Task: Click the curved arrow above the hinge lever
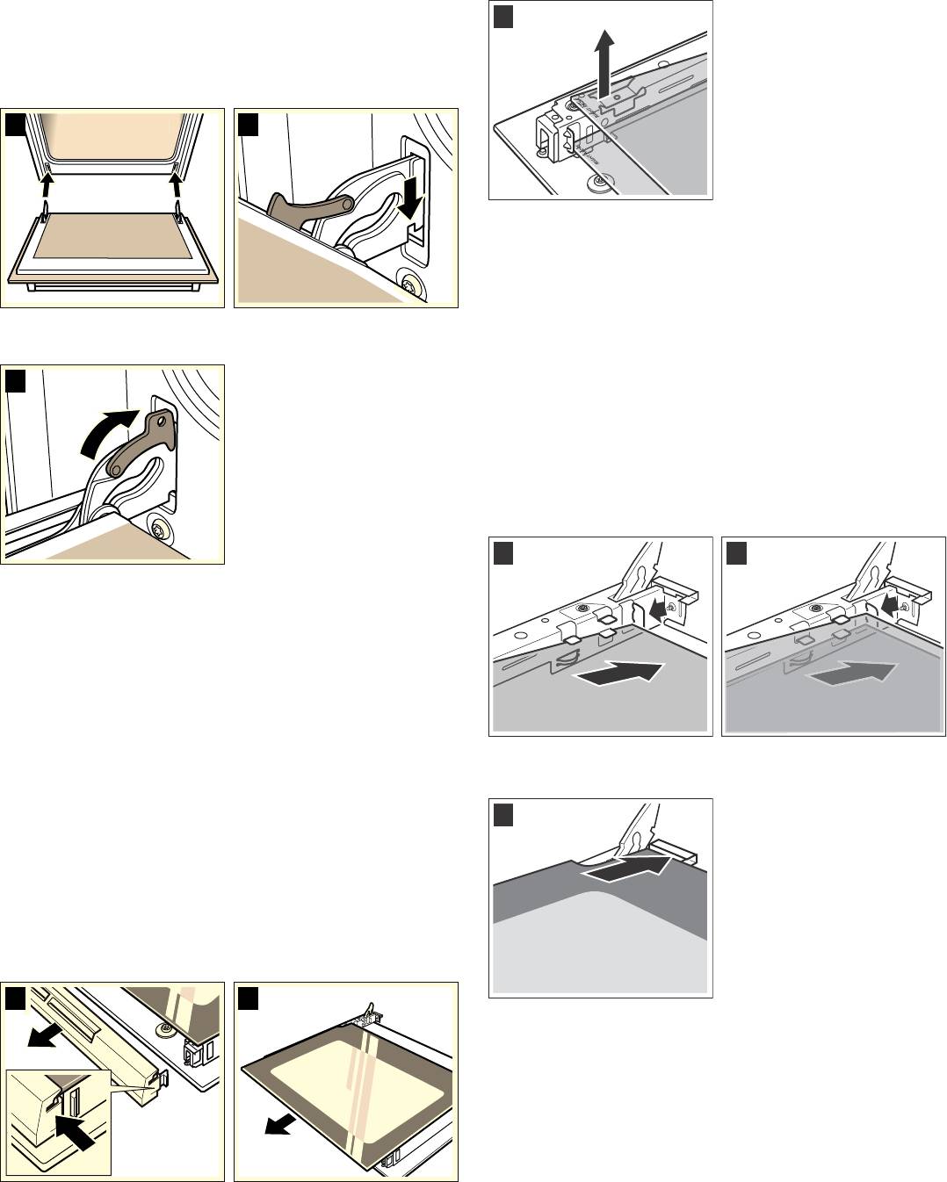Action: coord(107,433)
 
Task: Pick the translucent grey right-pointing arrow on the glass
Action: coord(853,675)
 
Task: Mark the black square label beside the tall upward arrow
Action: coord(502,16)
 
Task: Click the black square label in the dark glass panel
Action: coord(502,814)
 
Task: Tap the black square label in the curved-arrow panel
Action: coord(15,381)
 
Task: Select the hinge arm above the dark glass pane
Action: coord(640,828)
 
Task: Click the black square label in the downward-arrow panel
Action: coord(249,125)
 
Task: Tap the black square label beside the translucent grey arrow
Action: coord(736,553)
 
